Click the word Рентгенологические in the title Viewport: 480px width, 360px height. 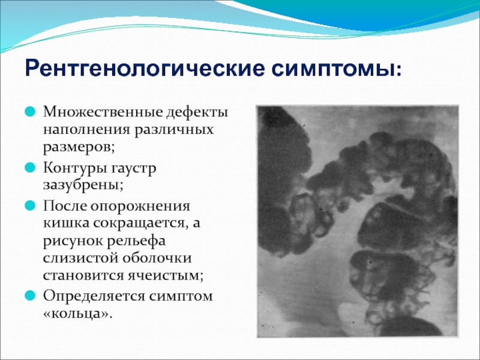tap(145, 68)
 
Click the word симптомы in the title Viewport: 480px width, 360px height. tap(333, 68)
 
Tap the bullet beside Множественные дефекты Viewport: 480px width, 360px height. tap(30, 112)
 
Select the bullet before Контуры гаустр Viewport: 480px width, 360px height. tap(30, 167)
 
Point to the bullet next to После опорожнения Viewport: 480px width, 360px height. tap(30, 205)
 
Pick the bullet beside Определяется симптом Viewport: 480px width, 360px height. tap(30, 295)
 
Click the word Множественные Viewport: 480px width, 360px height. tap(103, 112)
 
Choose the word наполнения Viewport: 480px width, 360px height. tap(86, 130)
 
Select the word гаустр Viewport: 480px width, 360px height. tap(133, 169)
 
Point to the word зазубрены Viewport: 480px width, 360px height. tap(83, 185)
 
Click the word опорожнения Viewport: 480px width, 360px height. tap(140, 206)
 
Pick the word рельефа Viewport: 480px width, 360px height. tap(136, 241)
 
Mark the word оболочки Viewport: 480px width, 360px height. tap(157, 257)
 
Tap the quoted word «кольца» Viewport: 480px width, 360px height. tap(77, 313)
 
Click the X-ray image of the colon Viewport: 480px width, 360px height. tap(358, 221)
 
